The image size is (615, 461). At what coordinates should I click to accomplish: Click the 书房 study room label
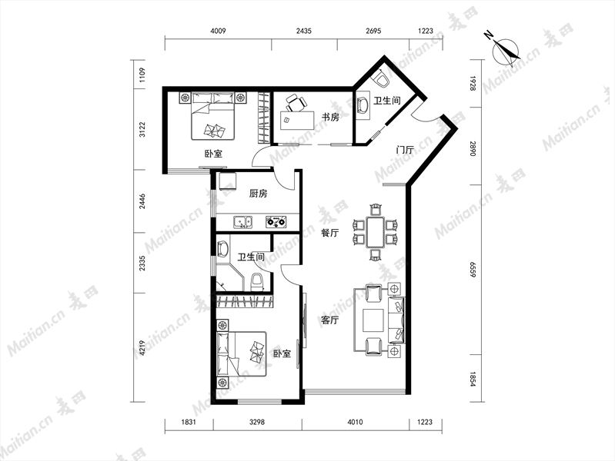point(330,117)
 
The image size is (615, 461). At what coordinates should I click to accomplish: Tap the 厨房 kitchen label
point(258,193)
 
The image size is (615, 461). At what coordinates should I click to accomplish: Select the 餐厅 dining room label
point(330,233)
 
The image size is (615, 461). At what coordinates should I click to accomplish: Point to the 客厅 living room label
point(330,320)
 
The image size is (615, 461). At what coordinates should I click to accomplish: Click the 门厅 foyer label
point(405,150)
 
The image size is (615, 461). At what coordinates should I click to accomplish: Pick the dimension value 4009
point(218,31)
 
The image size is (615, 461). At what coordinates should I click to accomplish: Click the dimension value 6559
point(473,270)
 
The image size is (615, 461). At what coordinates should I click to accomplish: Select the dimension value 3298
point(257,422)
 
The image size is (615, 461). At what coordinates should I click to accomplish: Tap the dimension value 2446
point(142,201)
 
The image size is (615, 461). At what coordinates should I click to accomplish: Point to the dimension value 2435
point(304,31)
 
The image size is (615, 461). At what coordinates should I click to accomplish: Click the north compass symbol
point(504,49)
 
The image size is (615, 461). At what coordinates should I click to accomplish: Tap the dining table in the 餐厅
point(376,232)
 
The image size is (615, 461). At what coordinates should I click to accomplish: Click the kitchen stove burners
point(276,222)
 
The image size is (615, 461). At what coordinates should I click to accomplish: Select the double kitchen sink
point(243,222)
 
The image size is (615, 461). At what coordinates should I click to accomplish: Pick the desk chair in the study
point(296,103)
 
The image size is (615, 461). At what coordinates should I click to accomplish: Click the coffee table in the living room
point(373,320)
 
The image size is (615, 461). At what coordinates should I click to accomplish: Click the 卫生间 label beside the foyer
point(386,101)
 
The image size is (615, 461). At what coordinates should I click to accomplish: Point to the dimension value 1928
point(473,84)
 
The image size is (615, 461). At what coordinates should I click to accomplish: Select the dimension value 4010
point(355,422)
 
